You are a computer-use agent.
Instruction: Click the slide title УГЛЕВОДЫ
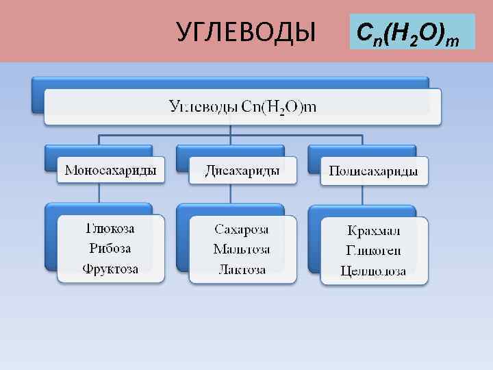pos(246,32)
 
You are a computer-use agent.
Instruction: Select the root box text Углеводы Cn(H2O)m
pos(243,107)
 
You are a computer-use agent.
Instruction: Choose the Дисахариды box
pos(242,170)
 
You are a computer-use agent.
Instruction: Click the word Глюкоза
pos(110,228)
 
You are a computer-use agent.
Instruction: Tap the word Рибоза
pos(110,248)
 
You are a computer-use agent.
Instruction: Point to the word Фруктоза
pos(110,269)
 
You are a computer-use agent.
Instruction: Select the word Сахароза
pos(242,229)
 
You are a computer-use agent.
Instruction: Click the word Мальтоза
pos(242,249)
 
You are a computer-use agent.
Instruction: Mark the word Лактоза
pos(242,269)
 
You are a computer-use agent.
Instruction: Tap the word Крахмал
pos(374,230)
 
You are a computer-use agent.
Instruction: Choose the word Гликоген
pos(374,250)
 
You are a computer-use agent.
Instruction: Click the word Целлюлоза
pos(374,271)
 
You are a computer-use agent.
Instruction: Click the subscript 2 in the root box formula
pos(281,113)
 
